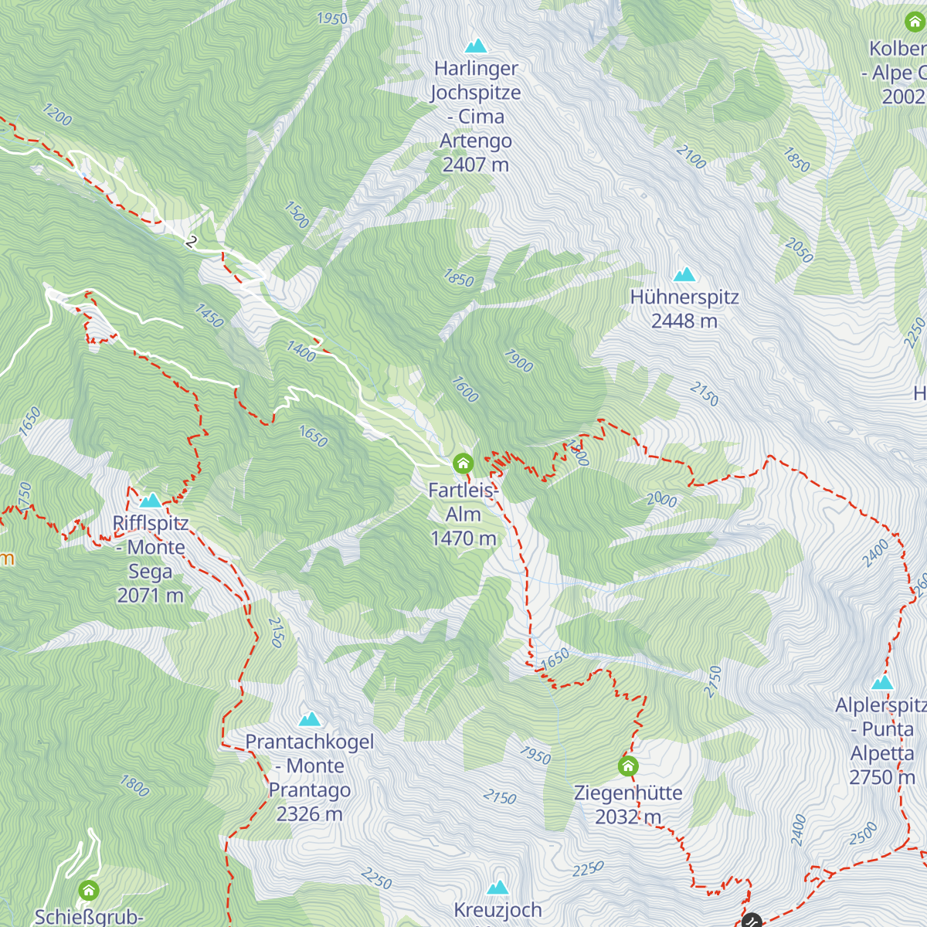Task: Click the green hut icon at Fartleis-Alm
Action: (463, 463)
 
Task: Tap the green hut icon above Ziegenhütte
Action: (628, 766)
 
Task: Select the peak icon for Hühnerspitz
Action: (684, 274)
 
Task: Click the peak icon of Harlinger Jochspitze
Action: (476, 46)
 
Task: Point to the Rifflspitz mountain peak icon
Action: (151, 501)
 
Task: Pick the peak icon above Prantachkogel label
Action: (310, 719)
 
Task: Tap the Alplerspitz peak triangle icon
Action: (882, 682)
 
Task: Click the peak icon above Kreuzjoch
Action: (498, 888)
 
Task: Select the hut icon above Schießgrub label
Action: (89, 891)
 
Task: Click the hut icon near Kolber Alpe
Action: (915, 22)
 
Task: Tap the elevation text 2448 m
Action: (684, 321)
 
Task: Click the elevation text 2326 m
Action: (310, 814)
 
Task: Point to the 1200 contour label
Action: (57, 115)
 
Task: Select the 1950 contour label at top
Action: (332, 18)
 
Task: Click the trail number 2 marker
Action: (192, 242)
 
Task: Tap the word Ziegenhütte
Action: (628, 793)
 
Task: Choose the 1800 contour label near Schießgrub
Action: (134, 786)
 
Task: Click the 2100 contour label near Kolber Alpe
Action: (691, 157)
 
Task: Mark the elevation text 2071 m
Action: (151, 596)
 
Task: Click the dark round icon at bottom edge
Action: (752, 921)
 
